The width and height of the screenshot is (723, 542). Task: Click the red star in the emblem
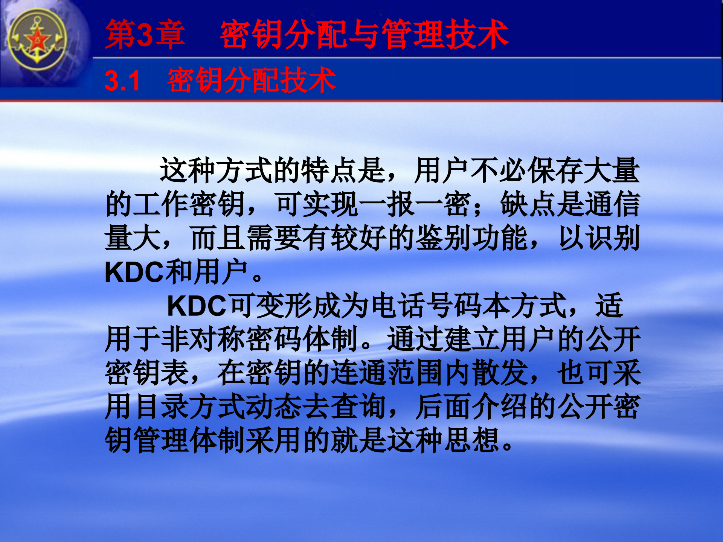coord(37,39)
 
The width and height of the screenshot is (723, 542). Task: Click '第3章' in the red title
coord(145,35)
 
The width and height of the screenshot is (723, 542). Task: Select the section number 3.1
coord(122,81)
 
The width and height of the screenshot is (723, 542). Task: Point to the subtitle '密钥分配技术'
coord(252,80)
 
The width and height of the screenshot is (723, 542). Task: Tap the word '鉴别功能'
coord(471,238)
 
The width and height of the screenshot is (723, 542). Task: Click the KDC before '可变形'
coord(197,306)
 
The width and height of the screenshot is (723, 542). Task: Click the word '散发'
coord(499,373)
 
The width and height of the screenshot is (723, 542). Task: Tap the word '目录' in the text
coord(161,406)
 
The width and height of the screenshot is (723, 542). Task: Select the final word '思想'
coord(471,440)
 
